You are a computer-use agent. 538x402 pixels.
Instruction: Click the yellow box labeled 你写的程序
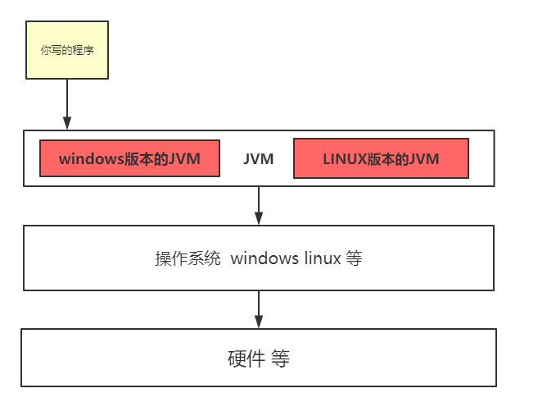coord(67,50)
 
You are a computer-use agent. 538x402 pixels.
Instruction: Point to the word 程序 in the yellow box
coord(83,50)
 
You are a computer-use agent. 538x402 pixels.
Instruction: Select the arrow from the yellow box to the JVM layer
coord(67,103)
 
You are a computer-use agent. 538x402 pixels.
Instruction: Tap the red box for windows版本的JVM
coord(129,158)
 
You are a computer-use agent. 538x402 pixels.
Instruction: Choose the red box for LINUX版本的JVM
coord(381,158)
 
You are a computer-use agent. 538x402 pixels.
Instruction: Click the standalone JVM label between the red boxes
coord(258,159)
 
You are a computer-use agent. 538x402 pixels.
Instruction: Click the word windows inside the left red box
coord(91,158)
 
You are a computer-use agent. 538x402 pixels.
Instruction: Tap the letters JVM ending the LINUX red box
coord(423,158)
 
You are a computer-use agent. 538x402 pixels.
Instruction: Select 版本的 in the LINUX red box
coord(387,158)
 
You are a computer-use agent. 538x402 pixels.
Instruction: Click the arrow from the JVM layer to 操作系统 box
coord(259,205)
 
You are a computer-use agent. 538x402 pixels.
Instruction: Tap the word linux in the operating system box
coord(319,258)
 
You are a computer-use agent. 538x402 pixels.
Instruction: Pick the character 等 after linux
coord(354,258)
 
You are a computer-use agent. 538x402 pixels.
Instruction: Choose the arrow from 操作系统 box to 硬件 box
coord(259,309)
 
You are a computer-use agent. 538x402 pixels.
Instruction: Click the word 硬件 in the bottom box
coord(241,359)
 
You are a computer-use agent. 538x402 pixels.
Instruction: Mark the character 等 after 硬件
coord(281,359)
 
